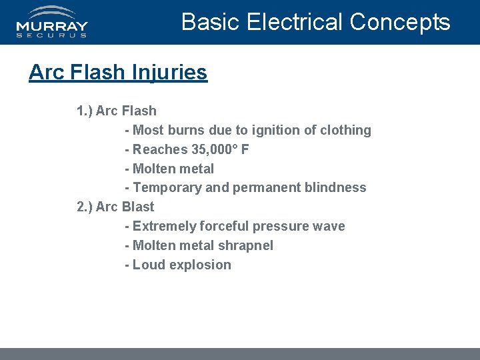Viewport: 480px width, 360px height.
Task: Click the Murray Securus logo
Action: click(52, 21)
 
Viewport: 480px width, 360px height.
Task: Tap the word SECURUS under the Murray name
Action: click(52, 35)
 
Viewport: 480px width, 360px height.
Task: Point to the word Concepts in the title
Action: click(399, 22)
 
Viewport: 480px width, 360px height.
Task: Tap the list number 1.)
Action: click(85, 111)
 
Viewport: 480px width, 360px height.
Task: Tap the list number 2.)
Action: click(85, 207)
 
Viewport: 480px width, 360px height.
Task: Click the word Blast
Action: click(138, 207)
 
